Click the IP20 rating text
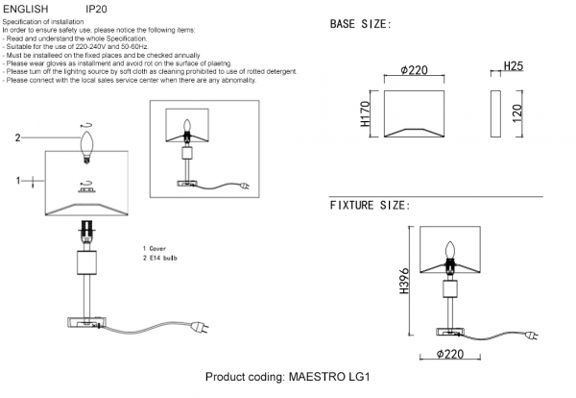(96, 9)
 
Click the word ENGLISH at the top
(26, 9)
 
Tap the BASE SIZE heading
(360, 24)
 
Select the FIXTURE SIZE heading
(370, 206)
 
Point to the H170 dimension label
(365, 114)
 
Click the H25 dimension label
(514, 66)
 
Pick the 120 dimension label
(516, 113)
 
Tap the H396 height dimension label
(404, 281)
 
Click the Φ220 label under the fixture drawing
(450, 354)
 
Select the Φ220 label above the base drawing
(414, 70)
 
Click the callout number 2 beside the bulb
(17, 137)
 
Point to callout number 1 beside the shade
(17, 181)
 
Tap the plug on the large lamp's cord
(200, 327)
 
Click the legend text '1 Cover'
(155, 249)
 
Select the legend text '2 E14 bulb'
(160, 259)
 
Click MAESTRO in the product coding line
(317, 377)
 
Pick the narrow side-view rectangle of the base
(495, 113)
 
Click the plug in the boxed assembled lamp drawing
(245, 187)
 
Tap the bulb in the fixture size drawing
(450, 251)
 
